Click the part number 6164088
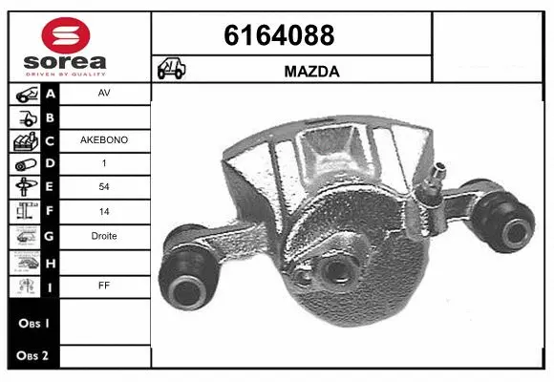(x=279, y=35)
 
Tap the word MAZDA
(x=312, y=70)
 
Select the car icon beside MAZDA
(x=173, y=69)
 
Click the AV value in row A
(x=104, y=94)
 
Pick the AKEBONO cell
(x=104, y=140)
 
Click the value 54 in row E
(x=104, y=188)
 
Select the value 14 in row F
(x=104, y=212)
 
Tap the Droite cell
(x=104, y=236)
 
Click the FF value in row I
(x=104, y=284)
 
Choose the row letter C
(x=51, y=140)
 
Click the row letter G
(x=51, y=236)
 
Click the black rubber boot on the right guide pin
(x=507, y=226)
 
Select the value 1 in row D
(x=104, y=164)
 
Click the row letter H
(x=51, y=260)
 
